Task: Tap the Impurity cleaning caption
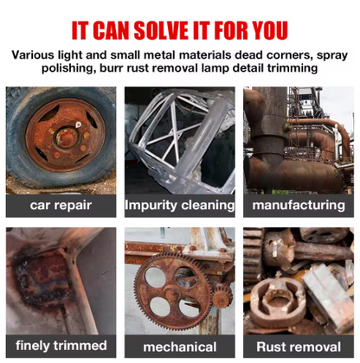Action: tap(180, 206)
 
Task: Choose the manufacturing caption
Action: tap(299, 206)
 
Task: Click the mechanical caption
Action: tap(180, 346)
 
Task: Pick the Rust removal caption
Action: tap(299, 346)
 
